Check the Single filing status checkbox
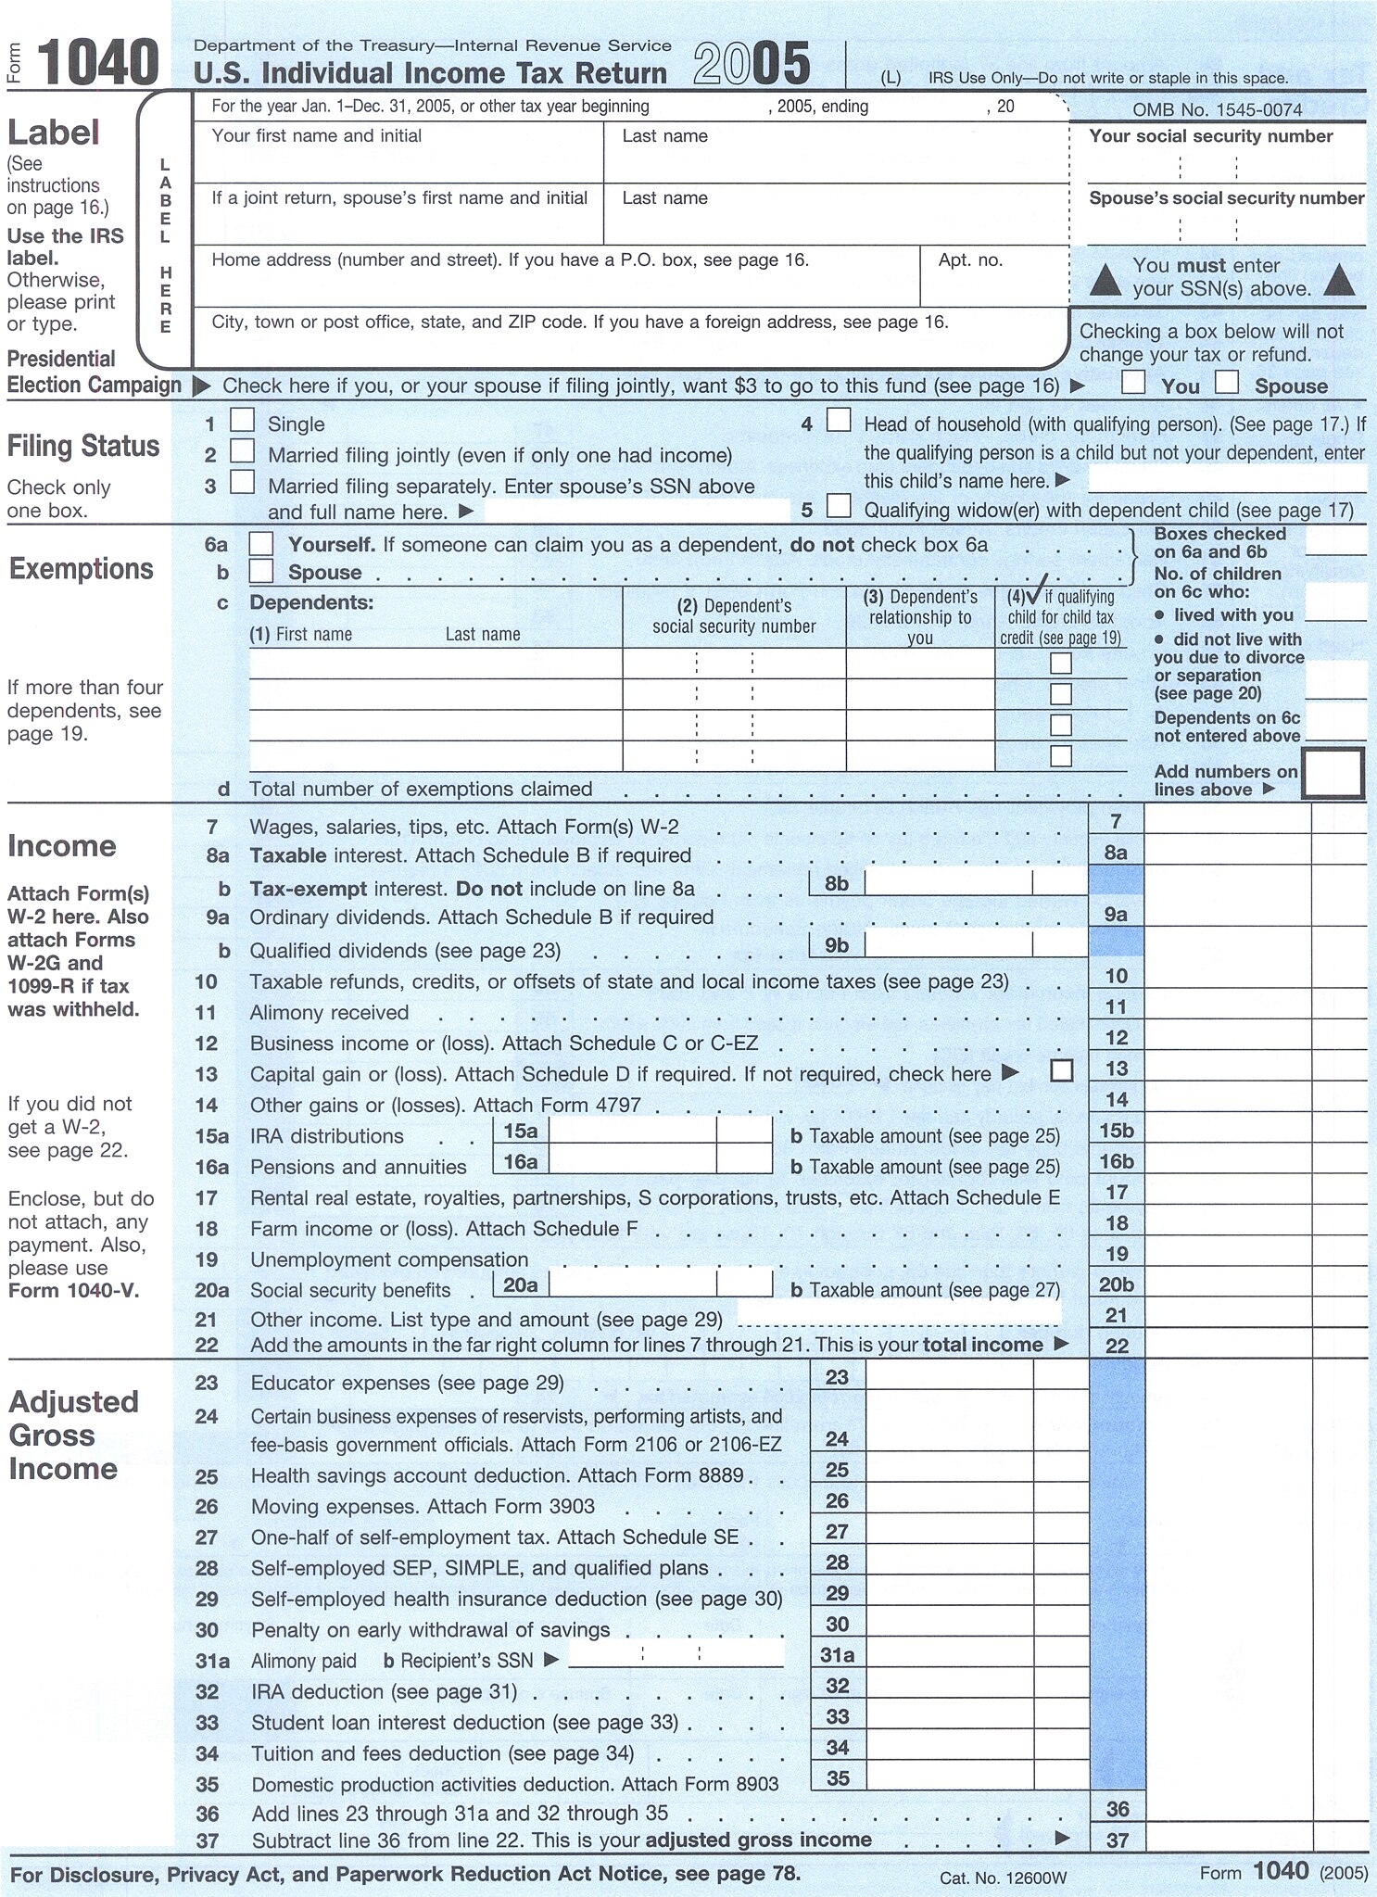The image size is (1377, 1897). point(242,421)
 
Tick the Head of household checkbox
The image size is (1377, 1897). point(839,421)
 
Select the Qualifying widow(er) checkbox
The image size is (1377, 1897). point(839,506)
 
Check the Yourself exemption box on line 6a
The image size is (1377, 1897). point(261,544)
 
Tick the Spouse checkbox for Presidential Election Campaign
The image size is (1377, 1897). point(1227,383)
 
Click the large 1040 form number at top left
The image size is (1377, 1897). point(97,63)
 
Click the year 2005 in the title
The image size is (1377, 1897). point(752,65)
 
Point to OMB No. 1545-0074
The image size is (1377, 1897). point(1217,110)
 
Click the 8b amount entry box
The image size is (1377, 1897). point(947,883)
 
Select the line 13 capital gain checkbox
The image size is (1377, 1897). point(1062,1071)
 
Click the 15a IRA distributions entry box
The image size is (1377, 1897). point(632,1132)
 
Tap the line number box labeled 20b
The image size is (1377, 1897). point(1117,1284)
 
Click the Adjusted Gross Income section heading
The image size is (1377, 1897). point(72,1435)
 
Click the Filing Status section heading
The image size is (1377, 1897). point(83,447)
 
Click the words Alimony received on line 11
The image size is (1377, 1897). point(329,1013)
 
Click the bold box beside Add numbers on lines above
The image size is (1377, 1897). point(1333,774)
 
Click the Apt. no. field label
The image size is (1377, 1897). point(970,260)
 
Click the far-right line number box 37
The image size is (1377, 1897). point(1118,1840)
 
